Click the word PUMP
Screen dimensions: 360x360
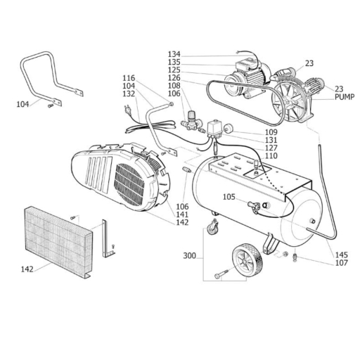point(345,97)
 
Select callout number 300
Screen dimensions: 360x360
point(189,255)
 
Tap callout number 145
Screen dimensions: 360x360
point(342,255)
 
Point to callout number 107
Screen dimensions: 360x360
point(342,263)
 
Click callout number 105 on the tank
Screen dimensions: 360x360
point(229,197)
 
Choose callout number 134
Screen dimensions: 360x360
point(174,54)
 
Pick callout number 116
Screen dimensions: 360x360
point(129,77)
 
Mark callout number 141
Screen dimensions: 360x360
point(182,214)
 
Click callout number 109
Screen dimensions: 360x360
point(271,132)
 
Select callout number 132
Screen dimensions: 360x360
point(129,94)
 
